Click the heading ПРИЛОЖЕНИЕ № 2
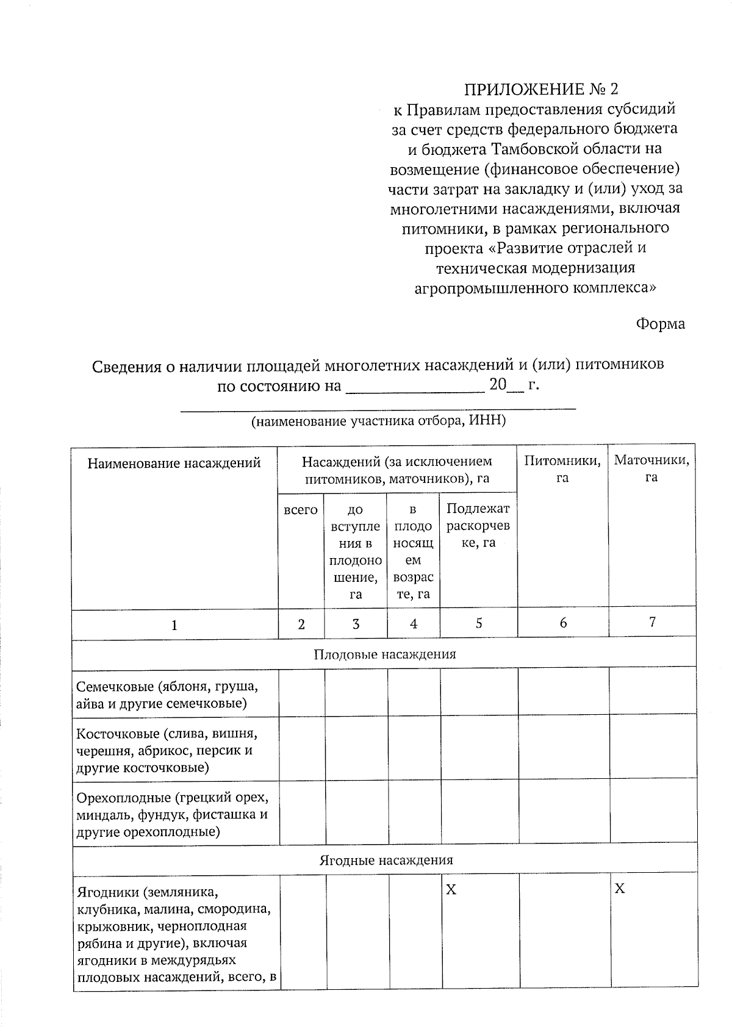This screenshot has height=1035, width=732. point(540,90)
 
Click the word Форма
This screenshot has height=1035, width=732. point(660,324)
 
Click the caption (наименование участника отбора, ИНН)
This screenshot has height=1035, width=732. point(379,421)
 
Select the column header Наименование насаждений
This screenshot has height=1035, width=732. point(174,463)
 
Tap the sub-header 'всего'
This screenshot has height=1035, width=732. point(301,509)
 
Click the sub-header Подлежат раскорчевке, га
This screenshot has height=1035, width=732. point(478,525)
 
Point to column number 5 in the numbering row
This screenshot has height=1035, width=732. point(479,623)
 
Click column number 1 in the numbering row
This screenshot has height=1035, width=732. point(174,625)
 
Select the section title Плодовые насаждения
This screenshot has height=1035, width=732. point(384,654)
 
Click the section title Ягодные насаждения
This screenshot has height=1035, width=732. point(386,860)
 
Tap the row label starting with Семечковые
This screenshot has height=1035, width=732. point(167,695)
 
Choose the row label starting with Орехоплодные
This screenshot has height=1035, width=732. point(172,814)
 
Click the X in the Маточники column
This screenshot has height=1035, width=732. point(619,889)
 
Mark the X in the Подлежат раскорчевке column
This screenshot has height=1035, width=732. point(450,890)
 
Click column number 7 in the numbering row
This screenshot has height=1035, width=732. point(652,621)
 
